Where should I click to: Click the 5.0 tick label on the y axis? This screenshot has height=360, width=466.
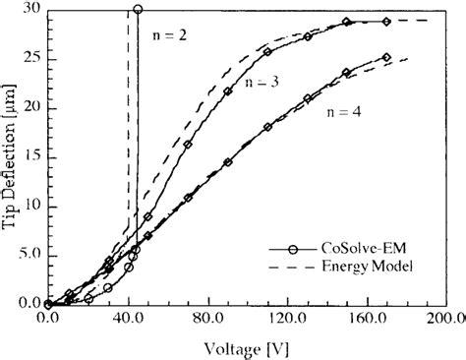(x=29, y=255)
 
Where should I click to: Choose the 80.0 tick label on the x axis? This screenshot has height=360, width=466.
(x=208, y=320)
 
